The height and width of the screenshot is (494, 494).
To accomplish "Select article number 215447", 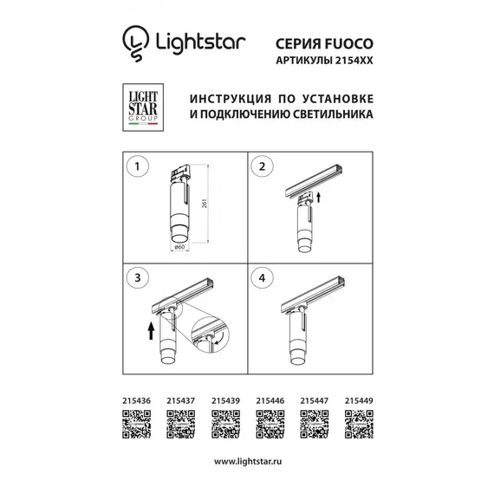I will click(312, 400).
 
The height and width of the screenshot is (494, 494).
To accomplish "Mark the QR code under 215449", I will click(359, 425).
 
